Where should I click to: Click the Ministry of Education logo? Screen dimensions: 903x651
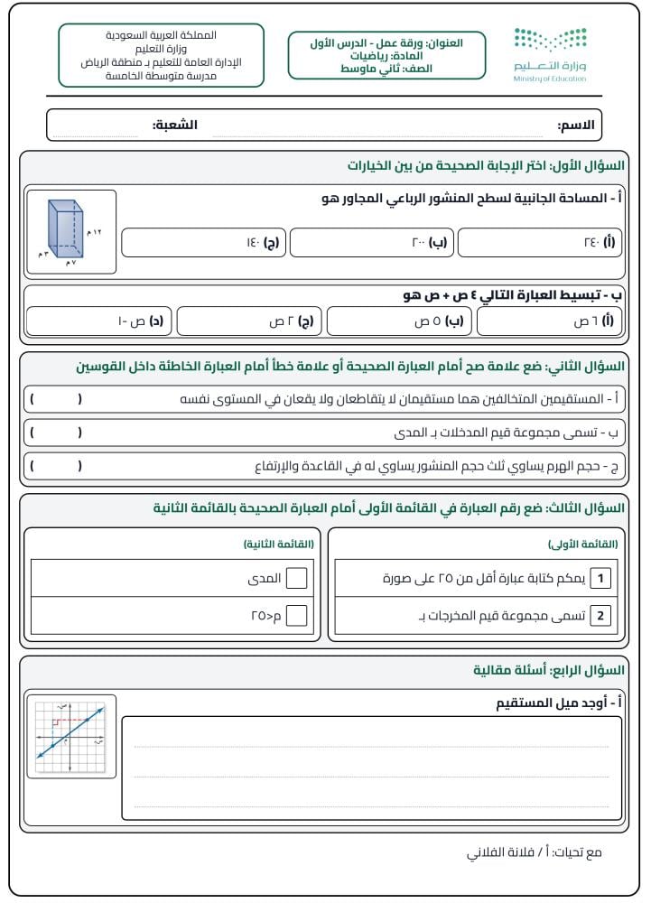tap(550, 54)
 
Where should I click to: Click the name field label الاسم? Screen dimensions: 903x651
tap(576, 126)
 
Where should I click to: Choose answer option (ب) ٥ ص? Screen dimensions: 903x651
tap(401, 321)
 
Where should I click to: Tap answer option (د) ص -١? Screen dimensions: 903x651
tap(100, 321)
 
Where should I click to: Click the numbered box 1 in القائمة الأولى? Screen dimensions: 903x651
tap(601, 579)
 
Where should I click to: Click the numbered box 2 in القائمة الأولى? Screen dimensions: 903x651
tap(601, 617)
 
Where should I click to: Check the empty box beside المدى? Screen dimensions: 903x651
tap(296, 579)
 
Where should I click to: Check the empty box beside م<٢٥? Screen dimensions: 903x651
tap(296, 617)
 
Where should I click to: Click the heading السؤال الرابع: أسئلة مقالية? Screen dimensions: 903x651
tap(548, 670)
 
